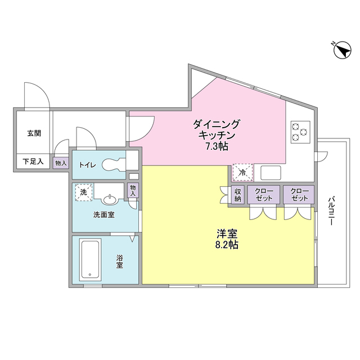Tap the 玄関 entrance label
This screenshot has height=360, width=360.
point(34,134)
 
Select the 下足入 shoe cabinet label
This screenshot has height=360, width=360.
point(33,162)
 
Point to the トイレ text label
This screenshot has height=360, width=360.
point(87,165)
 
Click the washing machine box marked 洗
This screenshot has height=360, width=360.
point(83,192)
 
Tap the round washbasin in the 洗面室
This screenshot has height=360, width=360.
point(110,199)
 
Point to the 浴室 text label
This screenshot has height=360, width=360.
point(120,261)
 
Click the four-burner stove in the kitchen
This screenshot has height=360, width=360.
point(299,132)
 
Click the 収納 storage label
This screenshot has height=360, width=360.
point(237,195)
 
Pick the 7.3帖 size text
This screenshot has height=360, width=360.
point(217,146)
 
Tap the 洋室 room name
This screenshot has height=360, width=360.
point(227,233)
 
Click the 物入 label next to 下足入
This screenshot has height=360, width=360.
point(61,163)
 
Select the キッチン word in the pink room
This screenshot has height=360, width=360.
point(217,136)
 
